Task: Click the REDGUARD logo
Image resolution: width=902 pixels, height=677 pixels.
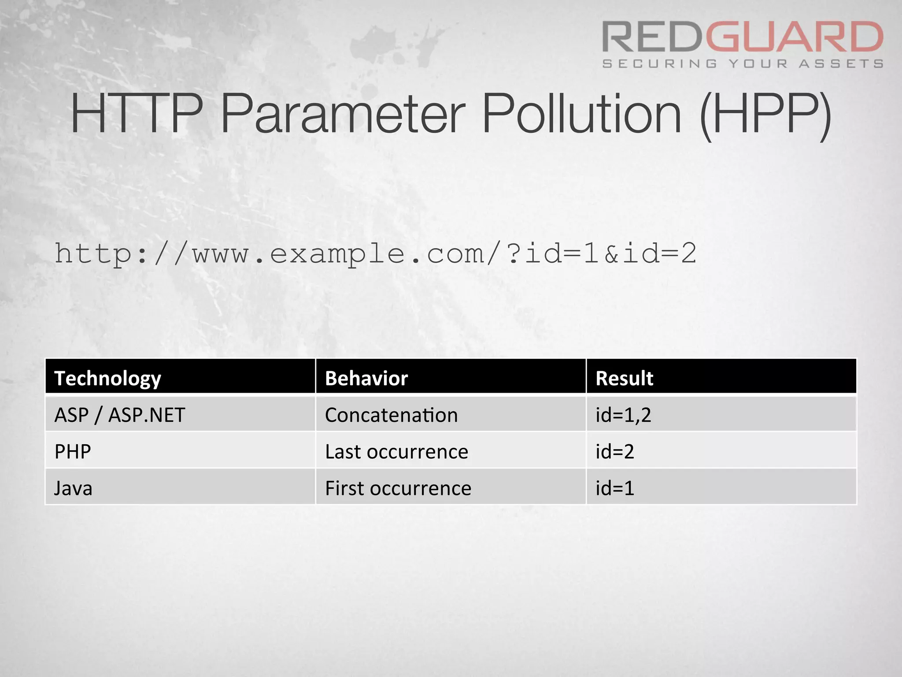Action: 743,37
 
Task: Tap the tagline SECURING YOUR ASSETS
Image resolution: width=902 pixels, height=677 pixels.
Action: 743,64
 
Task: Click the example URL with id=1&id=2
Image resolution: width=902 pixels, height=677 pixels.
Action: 375,254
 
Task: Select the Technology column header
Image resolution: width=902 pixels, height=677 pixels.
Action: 107,378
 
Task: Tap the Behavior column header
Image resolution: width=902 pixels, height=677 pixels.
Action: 366,378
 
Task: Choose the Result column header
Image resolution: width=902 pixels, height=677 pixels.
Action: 624,378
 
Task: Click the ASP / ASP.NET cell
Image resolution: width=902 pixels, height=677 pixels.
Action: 120,415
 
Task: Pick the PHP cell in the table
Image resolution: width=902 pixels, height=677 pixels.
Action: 73,451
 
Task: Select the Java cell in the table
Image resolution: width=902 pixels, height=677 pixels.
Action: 73,488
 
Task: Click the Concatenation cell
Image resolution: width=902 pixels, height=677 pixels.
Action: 391,415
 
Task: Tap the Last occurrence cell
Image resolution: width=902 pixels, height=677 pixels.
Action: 396,451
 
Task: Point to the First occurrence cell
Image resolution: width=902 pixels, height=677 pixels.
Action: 398,488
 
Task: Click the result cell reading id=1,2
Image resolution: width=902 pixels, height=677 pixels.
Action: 623,415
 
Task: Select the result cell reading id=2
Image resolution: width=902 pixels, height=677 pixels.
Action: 615,451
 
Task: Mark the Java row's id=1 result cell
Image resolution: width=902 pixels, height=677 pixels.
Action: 615,488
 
